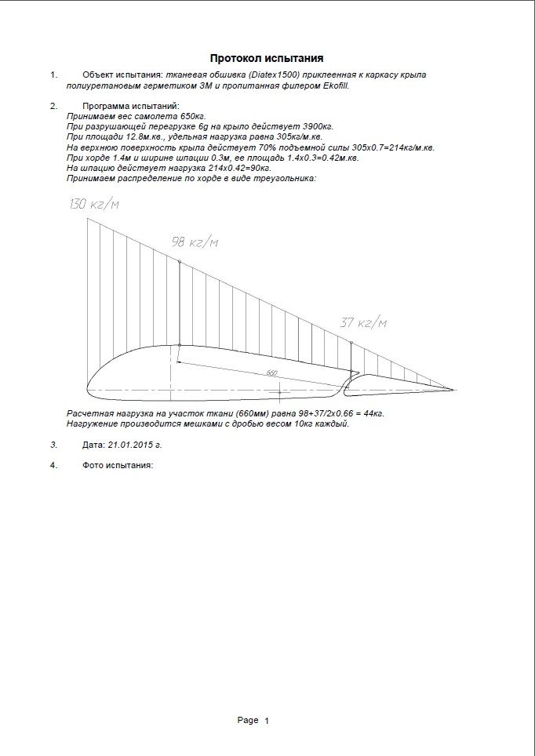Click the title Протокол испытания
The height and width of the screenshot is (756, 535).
click(267, 58)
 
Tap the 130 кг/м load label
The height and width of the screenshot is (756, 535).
click(93, 205)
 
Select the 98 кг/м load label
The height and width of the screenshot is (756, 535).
click(195, 242)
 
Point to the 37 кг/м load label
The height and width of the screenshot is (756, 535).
click(363, 322)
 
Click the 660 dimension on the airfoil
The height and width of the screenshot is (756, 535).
click(271, 372)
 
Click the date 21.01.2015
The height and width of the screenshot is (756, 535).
click(132, 444)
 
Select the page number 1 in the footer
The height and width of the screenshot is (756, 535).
click(267, 721)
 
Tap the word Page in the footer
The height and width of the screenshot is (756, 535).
click(248, 720)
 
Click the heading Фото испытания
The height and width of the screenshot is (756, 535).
click(117, 465)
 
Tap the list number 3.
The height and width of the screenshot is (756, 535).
click(53, 444)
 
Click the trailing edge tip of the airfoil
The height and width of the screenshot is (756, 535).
click(453, 389)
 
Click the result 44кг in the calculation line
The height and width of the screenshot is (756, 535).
click(370, 413)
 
